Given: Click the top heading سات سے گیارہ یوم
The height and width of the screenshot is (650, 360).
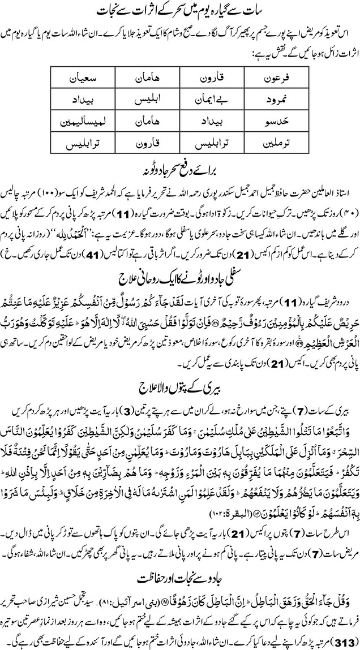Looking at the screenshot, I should [x=180, y=11].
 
